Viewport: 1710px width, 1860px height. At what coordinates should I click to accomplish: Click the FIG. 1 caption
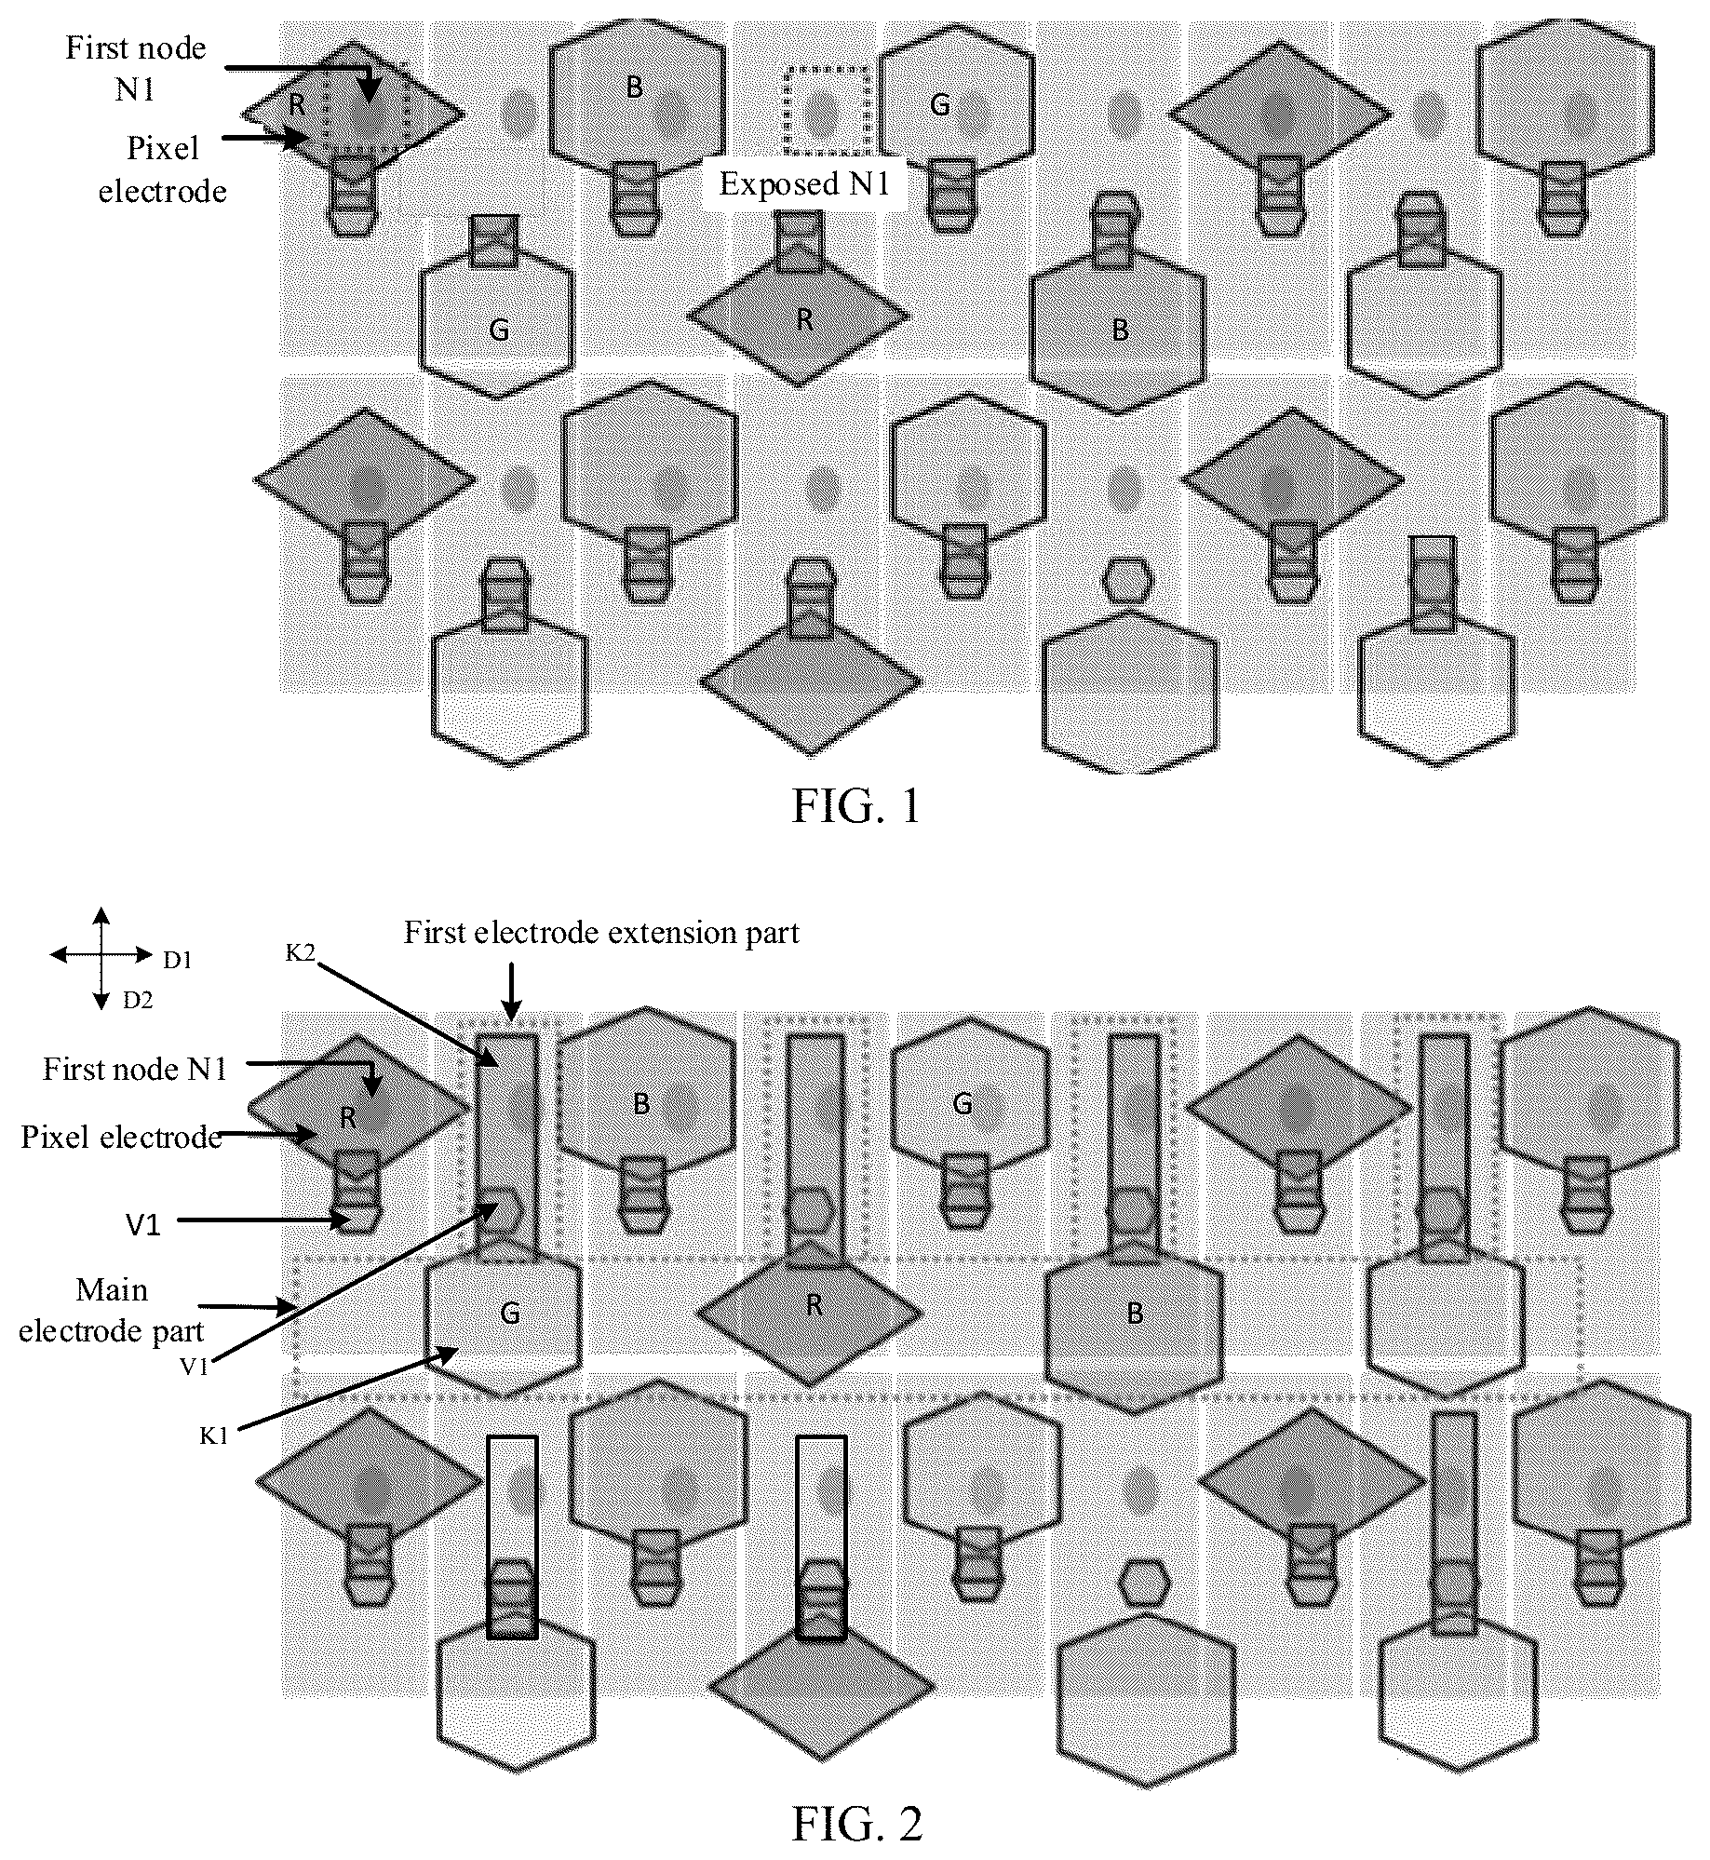click(855, 806)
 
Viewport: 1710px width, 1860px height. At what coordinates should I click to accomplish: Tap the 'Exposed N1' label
click(804, 183)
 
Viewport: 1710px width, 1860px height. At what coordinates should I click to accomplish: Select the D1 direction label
click(178, 960)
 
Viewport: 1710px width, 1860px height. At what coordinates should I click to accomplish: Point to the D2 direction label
click(138, 1001)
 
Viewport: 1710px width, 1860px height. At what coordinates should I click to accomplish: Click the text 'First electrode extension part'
click(601, 933)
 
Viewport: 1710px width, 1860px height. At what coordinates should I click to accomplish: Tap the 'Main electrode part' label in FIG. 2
click(112, 1311)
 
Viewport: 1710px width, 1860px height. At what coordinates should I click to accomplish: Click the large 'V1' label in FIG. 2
click(143, 1225)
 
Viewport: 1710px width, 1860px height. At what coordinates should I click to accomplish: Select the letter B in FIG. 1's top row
click(634, 87)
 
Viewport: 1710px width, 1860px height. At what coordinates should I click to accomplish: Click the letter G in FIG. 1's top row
click(940, 106)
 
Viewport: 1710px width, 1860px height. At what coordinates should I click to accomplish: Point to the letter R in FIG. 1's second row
click(805, 320)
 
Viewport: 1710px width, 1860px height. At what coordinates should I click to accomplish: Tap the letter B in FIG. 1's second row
click(1121, 330)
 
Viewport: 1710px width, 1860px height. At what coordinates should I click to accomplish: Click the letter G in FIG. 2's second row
click(510, 1314)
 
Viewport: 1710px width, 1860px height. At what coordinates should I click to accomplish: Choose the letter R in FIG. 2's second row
click(815, 1305)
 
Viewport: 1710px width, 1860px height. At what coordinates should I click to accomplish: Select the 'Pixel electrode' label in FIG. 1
click(163, 169)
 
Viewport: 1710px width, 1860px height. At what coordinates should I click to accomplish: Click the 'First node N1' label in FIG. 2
click(135, 1069)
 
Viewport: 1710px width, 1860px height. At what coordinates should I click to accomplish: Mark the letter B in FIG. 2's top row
click(641, 1104)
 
